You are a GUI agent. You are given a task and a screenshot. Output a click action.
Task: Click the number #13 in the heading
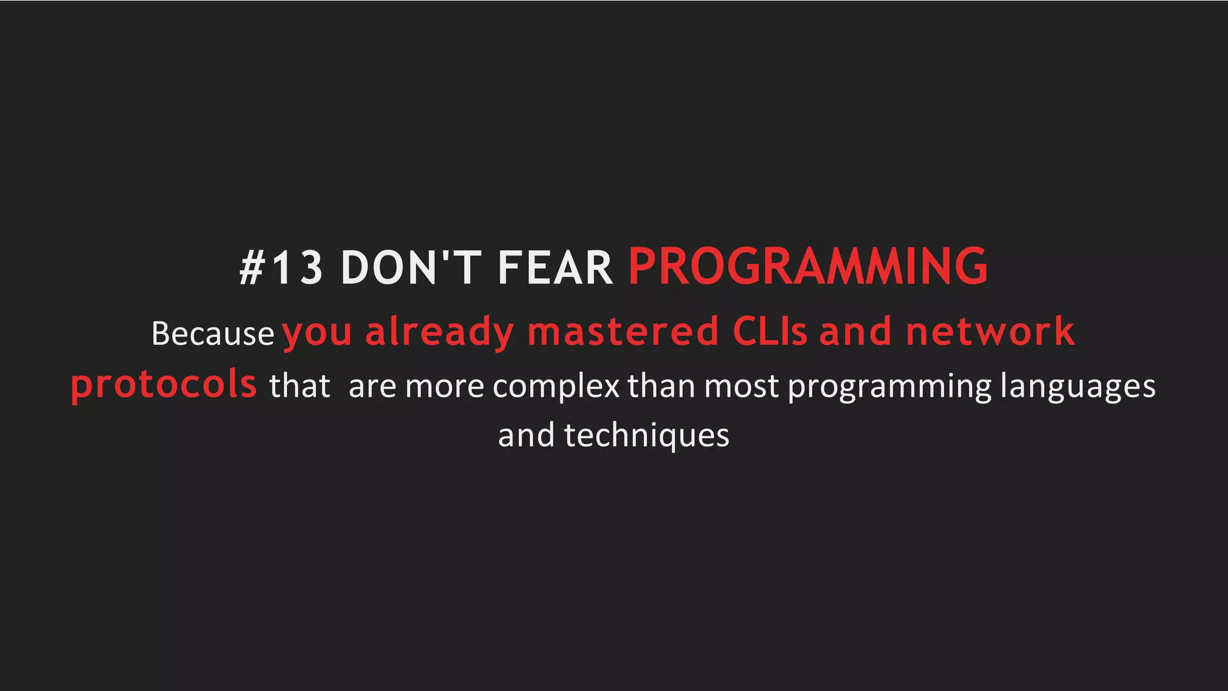tap(281, 268)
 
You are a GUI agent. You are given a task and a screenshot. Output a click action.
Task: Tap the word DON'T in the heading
tap(411, 268)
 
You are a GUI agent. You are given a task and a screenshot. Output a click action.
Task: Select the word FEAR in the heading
tap(555, 268)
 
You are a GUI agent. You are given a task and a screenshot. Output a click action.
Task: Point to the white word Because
tap(213, 334)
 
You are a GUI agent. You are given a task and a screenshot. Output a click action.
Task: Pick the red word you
tap(317, 334)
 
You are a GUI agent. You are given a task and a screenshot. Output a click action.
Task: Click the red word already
tap(440, 332)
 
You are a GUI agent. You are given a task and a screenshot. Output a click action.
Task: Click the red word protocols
tap(164, 385)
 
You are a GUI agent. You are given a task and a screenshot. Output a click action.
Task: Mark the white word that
tap(300, 386)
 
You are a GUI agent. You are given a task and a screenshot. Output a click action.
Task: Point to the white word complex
tap(556, 386)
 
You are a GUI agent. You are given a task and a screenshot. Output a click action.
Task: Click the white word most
tap(742, 386)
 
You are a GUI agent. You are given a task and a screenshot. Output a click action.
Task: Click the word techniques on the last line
tap(646, 436)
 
